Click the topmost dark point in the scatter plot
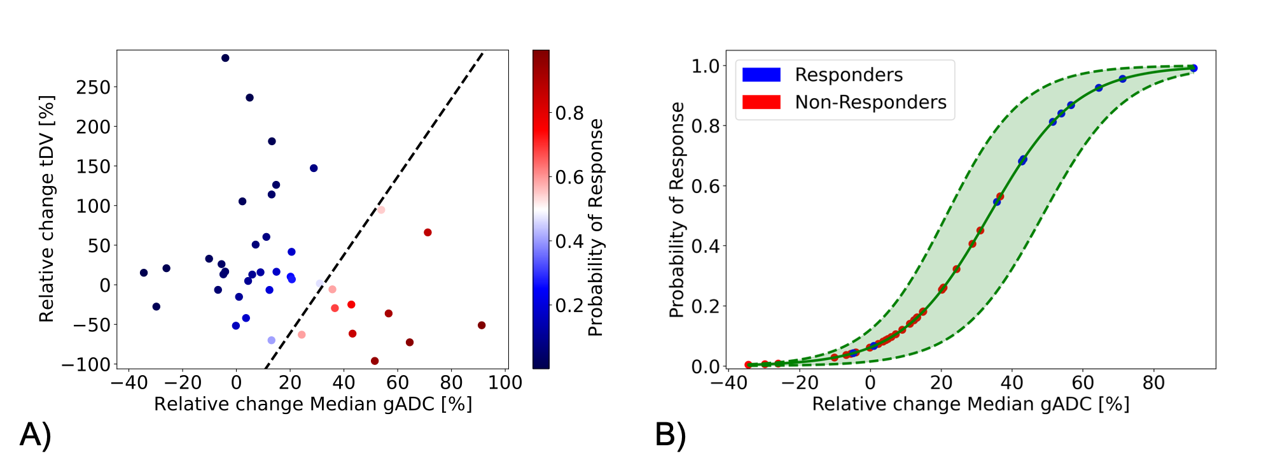point(225,58)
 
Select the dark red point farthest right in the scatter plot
point(482,325)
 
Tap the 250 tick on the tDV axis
point(93,87)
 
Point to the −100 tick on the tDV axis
point(85,364)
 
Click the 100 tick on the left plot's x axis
point(506,383)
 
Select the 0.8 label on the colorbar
point(569,113)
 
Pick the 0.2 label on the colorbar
point(569,306)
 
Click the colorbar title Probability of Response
point(595,227)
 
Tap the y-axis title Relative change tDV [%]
point(46,208)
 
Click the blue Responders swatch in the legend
point(761,75)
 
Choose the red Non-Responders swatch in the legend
point(761,102)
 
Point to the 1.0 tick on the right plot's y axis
point(705,66)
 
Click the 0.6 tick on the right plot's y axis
point(705,186)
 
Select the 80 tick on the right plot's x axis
point(1153,383)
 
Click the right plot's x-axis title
point(971,404)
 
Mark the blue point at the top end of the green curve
point(1193,68)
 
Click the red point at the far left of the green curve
point(748,365)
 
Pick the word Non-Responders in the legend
point(870,102)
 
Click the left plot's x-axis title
point(313,404)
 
